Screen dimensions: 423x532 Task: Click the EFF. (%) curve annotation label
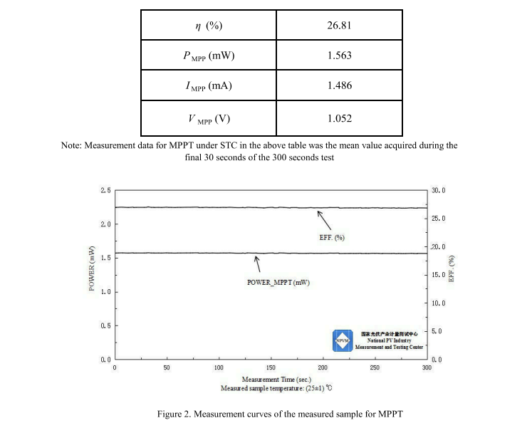click(332, 237)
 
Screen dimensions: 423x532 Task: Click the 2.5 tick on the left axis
click(105, 191)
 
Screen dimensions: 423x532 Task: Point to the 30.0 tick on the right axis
click(437, 191)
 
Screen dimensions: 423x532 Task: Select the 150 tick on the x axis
click(271, 367)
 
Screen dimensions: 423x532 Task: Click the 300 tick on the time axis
click(427, 367)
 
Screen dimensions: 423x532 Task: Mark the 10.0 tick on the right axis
click(437, 303)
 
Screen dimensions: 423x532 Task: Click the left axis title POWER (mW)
click(92, 268)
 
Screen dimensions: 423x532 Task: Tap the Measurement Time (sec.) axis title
click(271, 379)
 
